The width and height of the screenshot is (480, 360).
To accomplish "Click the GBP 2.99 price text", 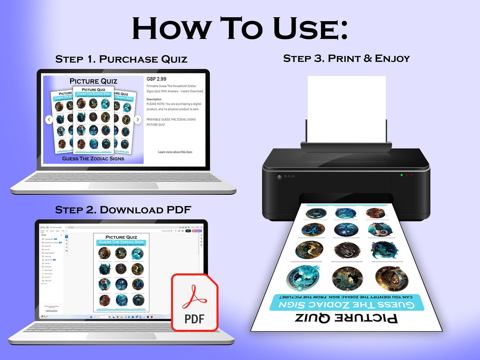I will click(x=156, y=79).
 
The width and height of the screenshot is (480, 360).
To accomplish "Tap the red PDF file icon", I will click(x=195, y=302).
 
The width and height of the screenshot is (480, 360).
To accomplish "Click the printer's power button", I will click(x=279, y=177).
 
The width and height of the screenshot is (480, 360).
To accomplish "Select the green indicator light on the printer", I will click(x=402, y=175).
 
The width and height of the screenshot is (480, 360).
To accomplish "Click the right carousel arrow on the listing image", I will click(x=138, y=120).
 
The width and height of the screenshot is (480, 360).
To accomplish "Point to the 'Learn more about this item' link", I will click(x=175, y=152).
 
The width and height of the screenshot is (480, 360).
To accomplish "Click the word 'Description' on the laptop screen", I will click(x=154, y=99).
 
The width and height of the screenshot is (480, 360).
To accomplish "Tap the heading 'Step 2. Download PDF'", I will click(x=123, y=210).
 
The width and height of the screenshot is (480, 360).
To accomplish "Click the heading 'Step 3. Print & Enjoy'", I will click(x=346, y=58).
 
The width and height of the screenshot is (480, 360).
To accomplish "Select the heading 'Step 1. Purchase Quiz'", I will click(x=121, y=59).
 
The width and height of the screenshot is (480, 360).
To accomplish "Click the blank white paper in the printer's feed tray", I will click(x=346, y=109).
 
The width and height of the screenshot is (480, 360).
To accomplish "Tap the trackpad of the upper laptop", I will click(x=123, y=186).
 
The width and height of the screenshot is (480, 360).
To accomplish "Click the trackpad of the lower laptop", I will click(x=121, y=336).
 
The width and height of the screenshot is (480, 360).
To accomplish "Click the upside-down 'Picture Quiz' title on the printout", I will click(x=346, y=318).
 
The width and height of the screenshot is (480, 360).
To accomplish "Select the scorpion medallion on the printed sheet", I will click(x=347, y=251).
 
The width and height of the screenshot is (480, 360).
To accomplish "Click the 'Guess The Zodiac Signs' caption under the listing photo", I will click(x=93, y=159).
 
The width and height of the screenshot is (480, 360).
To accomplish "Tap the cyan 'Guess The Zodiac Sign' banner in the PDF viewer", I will click(x=121, y=242).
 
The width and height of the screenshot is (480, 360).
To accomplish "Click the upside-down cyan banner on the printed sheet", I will click(x=347, y=302).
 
